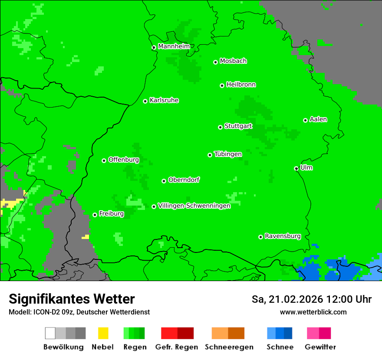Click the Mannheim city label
(174, 46)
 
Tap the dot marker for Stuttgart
(220, 127)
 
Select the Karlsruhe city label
(164, 100)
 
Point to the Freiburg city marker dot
(95, 215)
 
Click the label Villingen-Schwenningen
(194, 206)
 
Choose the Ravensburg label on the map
(283, 236)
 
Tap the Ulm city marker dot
(296, 168)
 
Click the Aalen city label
(318, 119)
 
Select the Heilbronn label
(241, 85)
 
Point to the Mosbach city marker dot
(215, 62)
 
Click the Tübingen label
(228, 154)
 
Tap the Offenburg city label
(124, 160)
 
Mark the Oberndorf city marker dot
(164, 181)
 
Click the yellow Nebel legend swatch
(103, 333)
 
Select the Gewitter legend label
(320, 347)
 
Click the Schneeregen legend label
(229, 347)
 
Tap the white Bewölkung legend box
(50, 333)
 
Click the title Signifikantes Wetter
(72, 299)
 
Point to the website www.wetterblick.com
(313, 312)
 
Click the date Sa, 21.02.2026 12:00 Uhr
(311, 299)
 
